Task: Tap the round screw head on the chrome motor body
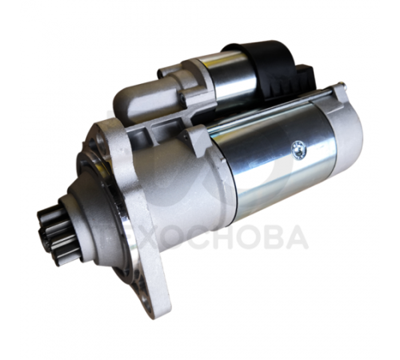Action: click(x=299, y=150)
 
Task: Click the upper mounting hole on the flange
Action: click(x=100, y=140)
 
